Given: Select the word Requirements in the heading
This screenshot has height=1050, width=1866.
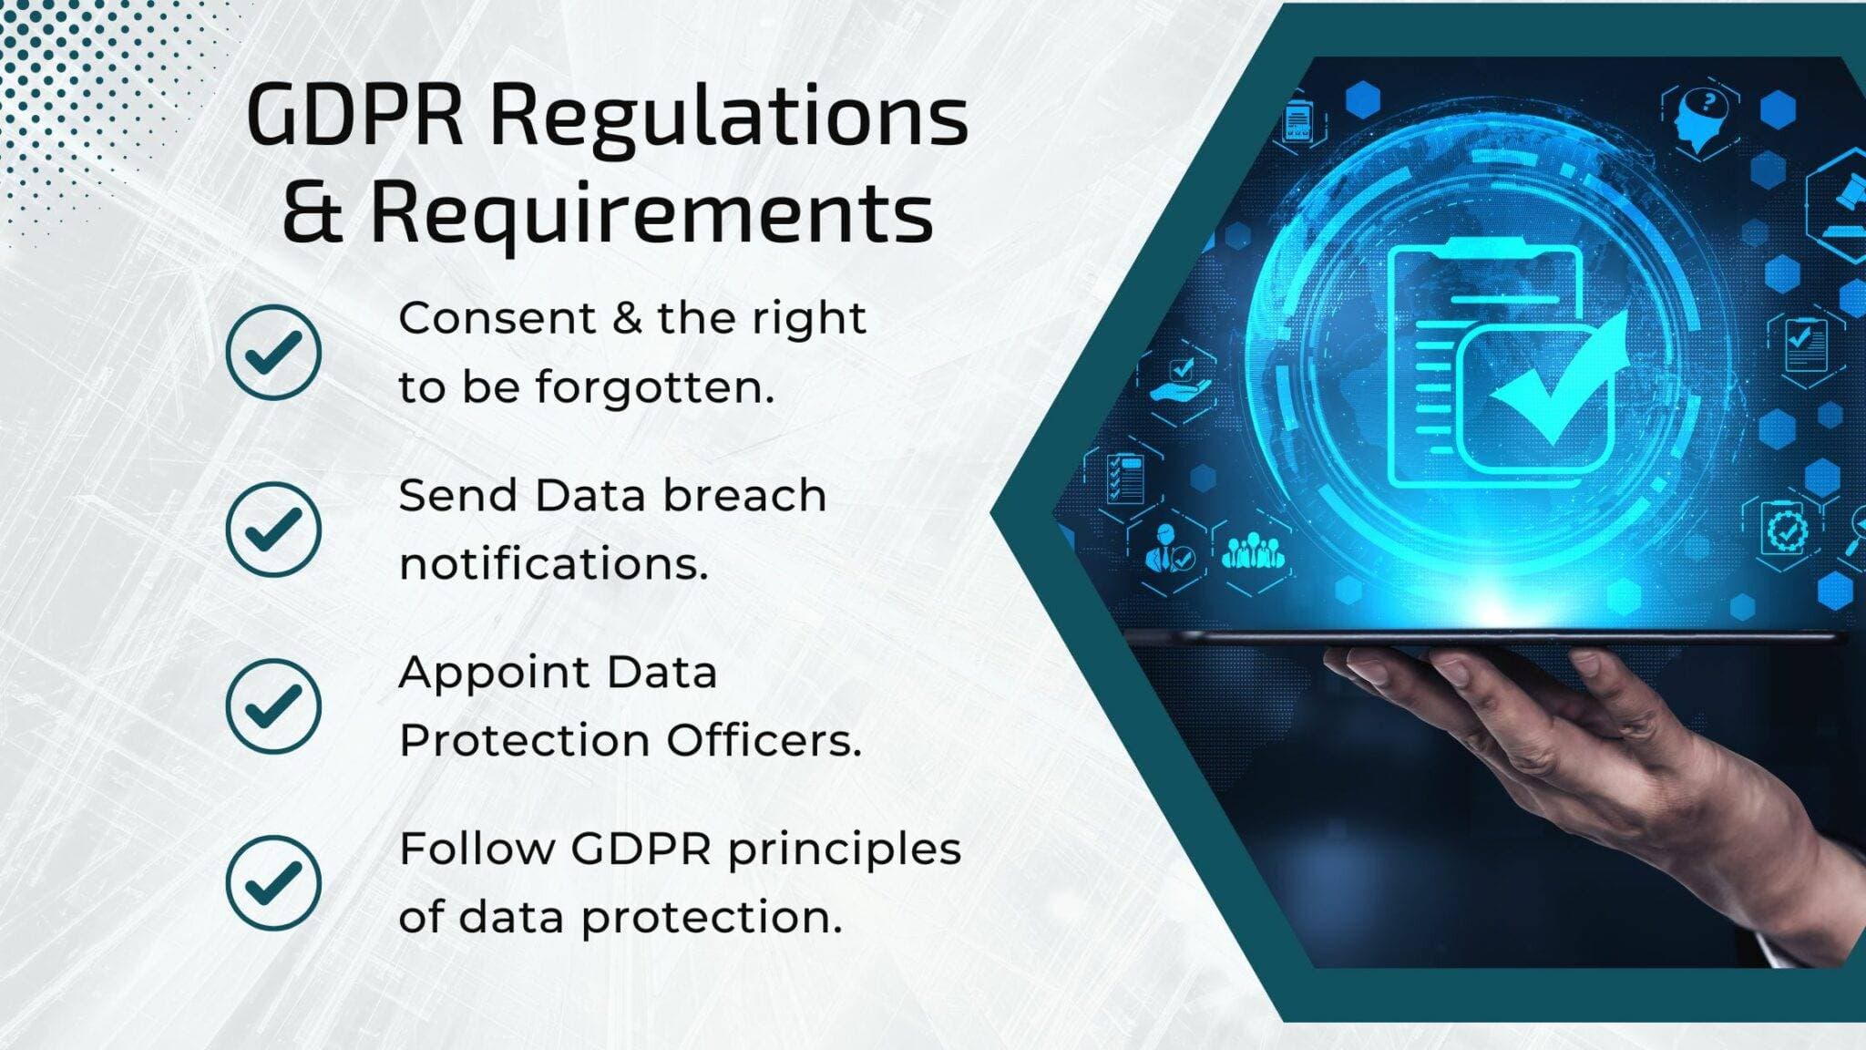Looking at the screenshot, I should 651,215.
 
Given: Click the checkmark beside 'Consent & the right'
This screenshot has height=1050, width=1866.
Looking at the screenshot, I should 273,352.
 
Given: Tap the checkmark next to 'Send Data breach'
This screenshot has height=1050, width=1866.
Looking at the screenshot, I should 273,529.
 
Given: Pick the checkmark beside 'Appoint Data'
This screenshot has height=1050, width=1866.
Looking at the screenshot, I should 273,705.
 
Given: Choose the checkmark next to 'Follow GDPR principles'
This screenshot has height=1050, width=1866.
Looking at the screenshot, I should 273,882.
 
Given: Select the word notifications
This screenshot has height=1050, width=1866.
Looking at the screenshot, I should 553,564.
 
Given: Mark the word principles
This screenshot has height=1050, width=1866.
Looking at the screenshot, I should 844,849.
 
